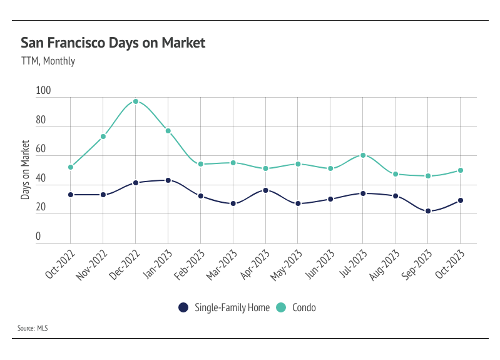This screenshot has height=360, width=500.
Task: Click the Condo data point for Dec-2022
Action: (x=136, y=101)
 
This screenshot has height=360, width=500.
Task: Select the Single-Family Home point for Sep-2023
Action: (x=428, y=211)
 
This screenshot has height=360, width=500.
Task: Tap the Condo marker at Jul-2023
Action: (x=363, y=155)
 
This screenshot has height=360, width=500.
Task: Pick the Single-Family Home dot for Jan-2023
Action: (x=168, y=180)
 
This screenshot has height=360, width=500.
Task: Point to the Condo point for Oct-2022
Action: (x=71, y=167)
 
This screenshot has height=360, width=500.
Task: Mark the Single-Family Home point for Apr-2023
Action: (x=265, y=190)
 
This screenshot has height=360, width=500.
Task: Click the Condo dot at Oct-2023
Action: (x=461, y=170)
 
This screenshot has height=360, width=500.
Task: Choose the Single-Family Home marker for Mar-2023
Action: (x=233, y=203)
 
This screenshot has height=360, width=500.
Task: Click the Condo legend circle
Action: (x=281, y=307)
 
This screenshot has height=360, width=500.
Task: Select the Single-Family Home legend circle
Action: (x=183, y=307)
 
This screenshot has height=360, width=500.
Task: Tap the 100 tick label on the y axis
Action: (x=43, y=90)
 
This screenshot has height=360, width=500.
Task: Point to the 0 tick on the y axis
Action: (x=38, y=236)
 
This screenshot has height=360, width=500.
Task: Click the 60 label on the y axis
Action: (x=41, y=149)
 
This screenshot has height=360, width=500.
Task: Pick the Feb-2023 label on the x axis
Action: (x=189, y=265)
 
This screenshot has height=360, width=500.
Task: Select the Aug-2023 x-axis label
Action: (x=384, y=265)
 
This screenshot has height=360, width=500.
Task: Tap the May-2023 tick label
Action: (x=287, y=265)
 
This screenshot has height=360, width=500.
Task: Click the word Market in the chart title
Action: (x=183, y=43)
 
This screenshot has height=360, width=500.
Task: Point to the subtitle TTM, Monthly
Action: (x=48, y=61)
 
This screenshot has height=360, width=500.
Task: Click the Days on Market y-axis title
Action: (x=25, y=170)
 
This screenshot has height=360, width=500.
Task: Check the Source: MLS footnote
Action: (x=33, y=328)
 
